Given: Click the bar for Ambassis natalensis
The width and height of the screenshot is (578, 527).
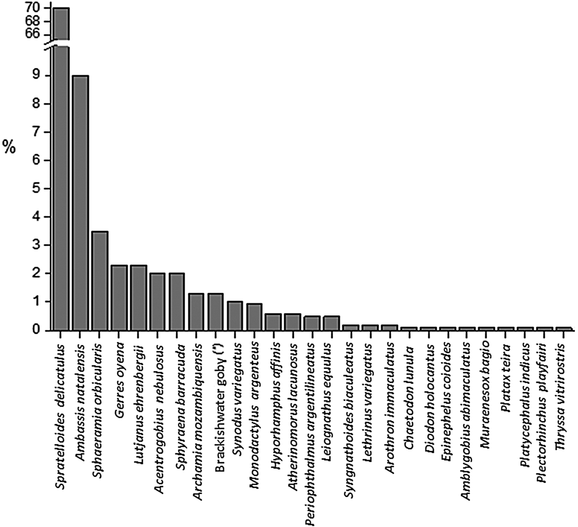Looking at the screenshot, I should [80, 202].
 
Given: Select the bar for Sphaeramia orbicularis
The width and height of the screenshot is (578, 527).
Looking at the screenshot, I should [99, 281].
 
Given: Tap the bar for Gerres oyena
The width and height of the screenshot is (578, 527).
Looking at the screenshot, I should [119, 297].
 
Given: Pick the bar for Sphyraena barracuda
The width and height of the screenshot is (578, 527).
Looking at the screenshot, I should [177, 301].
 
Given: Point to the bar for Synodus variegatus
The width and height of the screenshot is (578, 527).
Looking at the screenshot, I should [235, 316].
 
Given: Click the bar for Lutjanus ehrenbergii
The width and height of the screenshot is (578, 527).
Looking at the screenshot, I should [138, 297].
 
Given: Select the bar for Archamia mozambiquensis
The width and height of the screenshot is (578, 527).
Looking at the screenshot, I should [197, 311].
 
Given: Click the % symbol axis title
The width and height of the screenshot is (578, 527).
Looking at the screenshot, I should [9, 147].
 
